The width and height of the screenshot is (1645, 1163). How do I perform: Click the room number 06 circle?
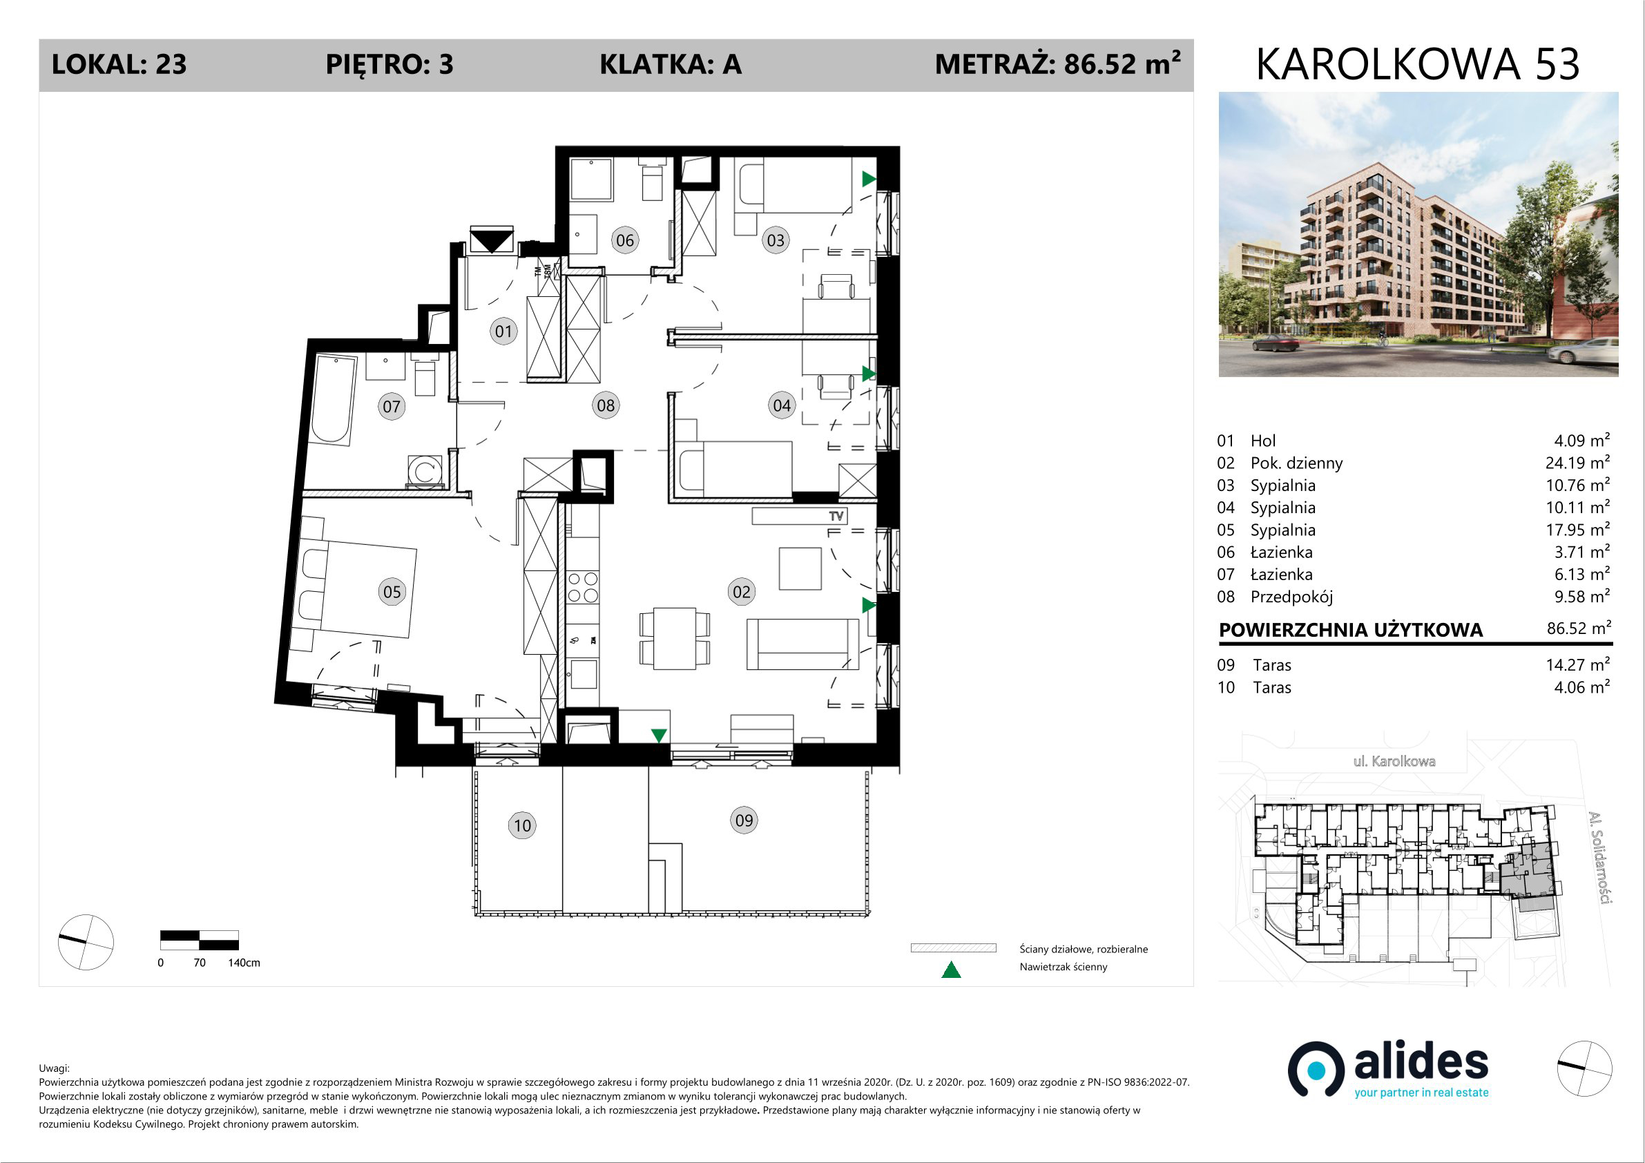point(625,240)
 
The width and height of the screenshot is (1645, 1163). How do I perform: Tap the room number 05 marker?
point(392,592)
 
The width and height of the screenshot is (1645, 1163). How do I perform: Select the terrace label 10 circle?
point(522,825)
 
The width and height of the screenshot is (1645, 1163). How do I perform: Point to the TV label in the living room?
point(836,516)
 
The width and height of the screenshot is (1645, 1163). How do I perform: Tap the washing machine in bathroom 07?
point(424,472)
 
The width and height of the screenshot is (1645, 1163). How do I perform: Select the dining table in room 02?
point(674,638)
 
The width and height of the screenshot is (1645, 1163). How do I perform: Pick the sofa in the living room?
point(802,644)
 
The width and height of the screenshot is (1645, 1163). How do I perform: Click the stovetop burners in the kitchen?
point(582,588)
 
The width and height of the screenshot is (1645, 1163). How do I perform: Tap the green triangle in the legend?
point(951,970)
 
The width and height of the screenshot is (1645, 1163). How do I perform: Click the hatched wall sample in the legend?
point(953,948)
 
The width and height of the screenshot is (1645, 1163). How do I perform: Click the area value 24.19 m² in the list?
point(1577,462)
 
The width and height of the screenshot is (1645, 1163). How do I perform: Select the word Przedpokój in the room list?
point(1292,597)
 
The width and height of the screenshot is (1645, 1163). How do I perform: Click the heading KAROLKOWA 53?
point(1417,64)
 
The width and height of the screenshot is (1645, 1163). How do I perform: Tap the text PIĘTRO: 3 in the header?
point(389,65)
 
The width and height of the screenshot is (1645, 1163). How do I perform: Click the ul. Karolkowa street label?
point(1394,761)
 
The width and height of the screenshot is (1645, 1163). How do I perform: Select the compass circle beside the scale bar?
point(85,941)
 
